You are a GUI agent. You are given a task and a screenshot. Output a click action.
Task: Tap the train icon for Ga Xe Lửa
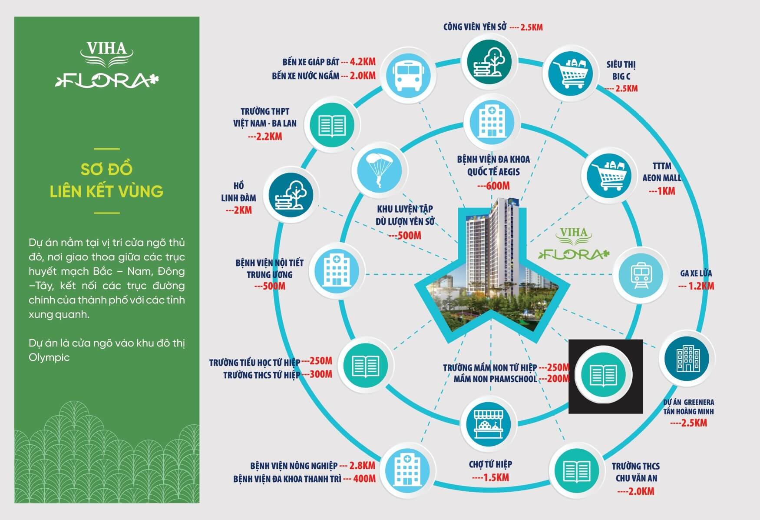[x=641, y=275]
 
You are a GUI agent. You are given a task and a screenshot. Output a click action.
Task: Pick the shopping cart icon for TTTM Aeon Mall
[x=608, y=176]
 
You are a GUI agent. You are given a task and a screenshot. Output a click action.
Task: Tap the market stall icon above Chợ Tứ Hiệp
[x=489, y=424]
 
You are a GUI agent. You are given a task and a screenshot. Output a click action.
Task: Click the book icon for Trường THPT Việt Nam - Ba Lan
[x=332, y=125]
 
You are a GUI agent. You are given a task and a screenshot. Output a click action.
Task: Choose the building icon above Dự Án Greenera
[x=686, y=359]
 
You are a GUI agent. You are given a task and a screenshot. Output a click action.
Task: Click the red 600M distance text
[x=494, y=186]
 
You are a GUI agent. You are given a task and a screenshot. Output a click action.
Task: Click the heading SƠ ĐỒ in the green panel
[x=106, y=169]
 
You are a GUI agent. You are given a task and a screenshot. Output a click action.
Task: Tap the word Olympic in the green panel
[x=49, y=357]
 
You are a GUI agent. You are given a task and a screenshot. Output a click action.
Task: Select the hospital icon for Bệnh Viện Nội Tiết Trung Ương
[x=336, y=270]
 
